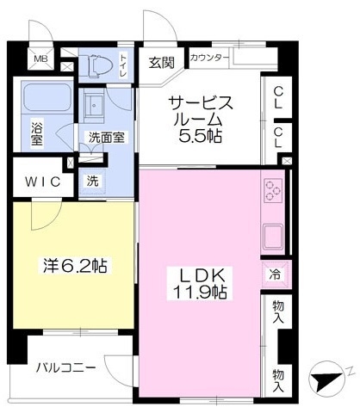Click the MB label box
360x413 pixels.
coord(40,59)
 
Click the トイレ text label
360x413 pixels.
coord(122,65)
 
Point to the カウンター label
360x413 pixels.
coord(208,59)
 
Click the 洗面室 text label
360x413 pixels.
coord(106,136)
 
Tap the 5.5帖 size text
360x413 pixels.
coord(202,136)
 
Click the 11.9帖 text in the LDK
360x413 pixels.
coord(202,292)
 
